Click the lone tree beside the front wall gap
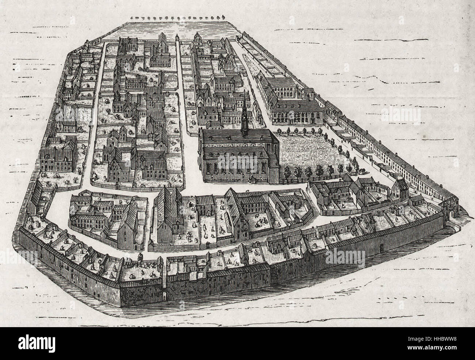click(x=141, y=256)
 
